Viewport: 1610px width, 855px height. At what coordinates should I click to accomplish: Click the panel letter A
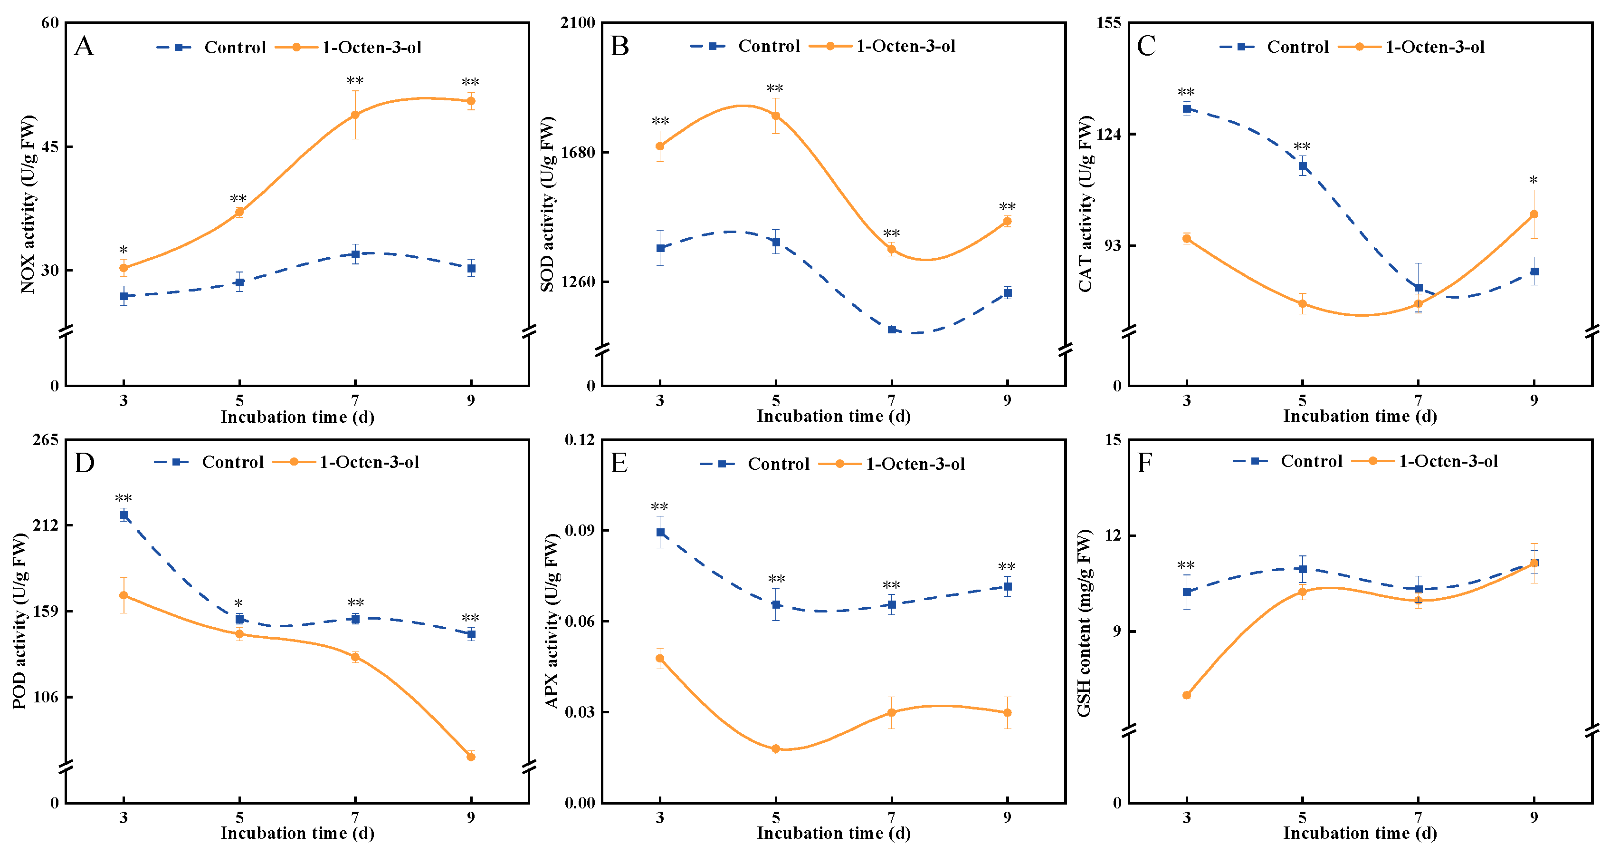(x=84, y=46)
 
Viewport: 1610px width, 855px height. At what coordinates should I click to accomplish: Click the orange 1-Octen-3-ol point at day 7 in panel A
(x=355, y=115)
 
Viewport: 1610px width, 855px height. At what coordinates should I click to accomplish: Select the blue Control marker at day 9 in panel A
(x=471, y=268)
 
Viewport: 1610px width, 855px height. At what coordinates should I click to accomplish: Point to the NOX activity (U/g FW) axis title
(x=28, y=204)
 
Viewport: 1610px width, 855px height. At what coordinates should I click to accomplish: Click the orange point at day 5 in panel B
(x=776, y=116)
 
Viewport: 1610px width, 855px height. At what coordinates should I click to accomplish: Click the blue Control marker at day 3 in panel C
(x=1187, y=109)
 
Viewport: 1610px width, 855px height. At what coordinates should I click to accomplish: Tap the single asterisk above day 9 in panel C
(x=1534, y=181)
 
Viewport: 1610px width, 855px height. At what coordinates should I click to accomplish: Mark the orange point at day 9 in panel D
(x=471, y=757)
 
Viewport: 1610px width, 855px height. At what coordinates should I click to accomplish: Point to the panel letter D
(x=84, y=463)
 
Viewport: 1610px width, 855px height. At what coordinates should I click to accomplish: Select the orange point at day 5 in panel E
(x=776, y=748)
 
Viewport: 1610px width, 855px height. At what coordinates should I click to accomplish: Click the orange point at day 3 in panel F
(x=1187, y=695)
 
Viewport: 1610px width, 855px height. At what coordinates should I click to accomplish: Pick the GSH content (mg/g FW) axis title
(x=1085, y=623)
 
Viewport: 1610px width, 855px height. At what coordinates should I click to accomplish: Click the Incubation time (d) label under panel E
(x=833, y=833)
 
